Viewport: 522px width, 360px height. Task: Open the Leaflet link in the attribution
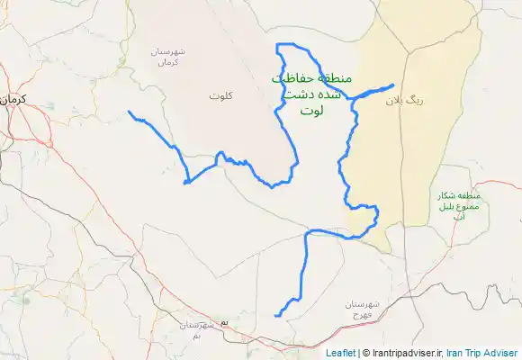tap(340, 354)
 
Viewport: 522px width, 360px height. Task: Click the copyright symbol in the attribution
tap(365, 354)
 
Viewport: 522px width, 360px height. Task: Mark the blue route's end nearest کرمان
tap(130, 112)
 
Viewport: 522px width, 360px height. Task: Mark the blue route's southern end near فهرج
tap(276, 315)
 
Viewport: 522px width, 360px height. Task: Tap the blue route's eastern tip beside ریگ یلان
tap(392, 85)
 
